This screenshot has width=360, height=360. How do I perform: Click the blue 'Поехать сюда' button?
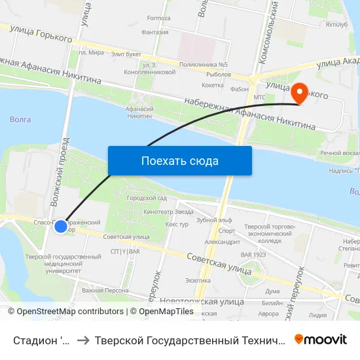click(x=180, y=160)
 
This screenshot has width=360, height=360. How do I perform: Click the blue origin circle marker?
click(x=60, y=226)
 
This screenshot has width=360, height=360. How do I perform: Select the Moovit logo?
click(x=321, y=339)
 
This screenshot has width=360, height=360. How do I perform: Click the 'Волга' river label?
click(x=21, y=119)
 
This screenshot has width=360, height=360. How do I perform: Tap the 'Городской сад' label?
click(x=147, y=198)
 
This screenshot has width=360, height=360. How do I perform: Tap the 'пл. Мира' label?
click(x=91, y=52)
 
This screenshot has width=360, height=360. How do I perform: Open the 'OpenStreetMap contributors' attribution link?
click(x=70, y=312)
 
